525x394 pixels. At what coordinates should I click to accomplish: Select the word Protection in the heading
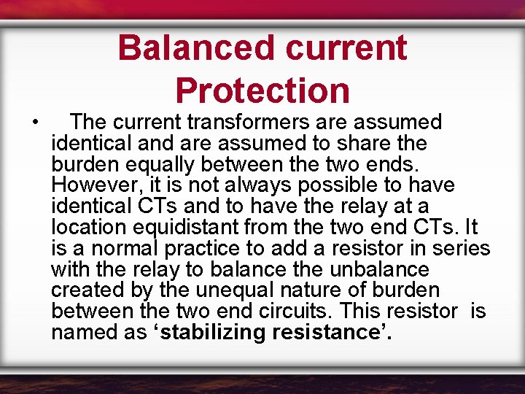pyautogui.click(x=262, y=90)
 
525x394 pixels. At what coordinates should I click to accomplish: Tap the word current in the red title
pyautogui.click(x=346, y=48)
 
